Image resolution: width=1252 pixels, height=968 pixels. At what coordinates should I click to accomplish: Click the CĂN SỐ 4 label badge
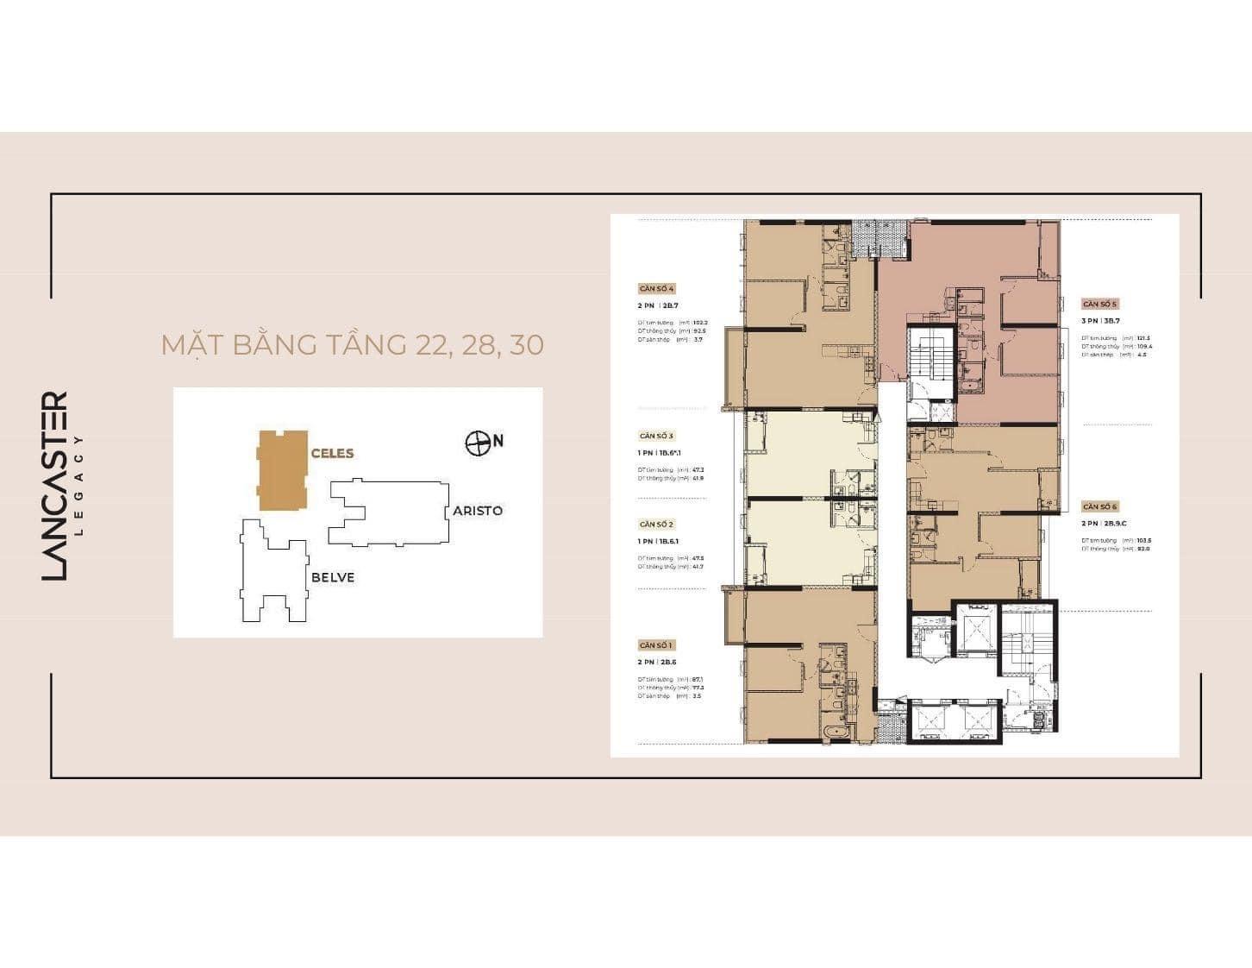click(657, 289)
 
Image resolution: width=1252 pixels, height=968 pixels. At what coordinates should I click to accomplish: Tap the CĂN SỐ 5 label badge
click(1100, 305)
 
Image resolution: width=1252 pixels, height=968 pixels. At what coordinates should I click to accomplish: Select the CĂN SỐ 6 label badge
click(1100, 507)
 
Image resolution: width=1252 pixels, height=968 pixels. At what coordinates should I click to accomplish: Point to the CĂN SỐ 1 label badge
click(657, 645)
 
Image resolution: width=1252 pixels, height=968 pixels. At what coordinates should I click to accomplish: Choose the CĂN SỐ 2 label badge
click(657, 525)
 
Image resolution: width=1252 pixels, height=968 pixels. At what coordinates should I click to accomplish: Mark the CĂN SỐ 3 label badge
click(657, 436)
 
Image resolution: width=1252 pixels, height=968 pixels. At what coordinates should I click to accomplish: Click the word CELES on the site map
click(332, 453)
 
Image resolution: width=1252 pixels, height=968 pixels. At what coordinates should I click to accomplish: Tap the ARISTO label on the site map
click(478, 511)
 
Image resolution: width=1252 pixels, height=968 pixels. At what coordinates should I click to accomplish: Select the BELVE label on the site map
click(332, 577)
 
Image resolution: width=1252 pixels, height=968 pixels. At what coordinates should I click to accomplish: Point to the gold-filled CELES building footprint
click(282, 470)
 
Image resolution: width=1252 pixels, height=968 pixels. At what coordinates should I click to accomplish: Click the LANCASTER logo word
click(55, 486)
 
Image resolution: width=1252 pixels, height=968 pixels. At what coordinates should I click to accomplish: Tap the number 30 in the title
click(526, 344)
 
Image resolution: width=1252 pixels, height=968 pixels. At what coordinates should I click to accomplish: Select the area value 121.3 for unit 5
click(1143, 338)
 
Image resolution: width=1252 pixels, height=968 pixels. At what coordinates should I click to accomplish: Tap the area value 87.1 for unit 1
click(698, 679)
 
